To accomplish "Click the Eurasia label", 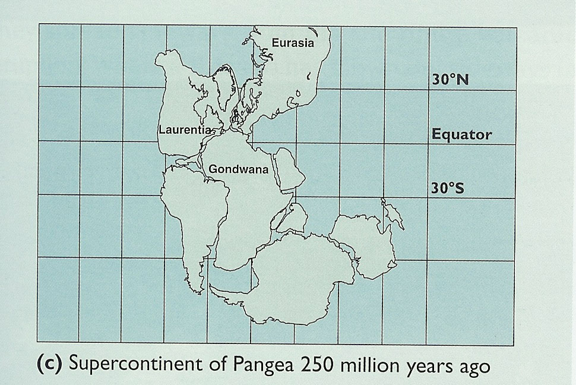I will (x=292, y=42).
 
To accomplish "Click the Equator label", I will (x=462, y=134).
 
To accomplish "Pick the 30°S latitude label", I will (x=448, y=188).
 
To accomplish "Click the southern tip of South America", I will (x=192, y=292).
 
